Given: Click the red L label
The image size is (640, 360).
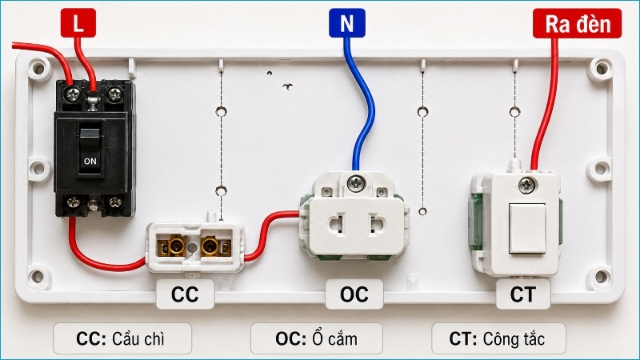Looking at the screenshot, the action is (78, 23).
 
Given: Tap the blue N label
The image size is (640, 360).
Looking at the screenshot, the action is (347, 23).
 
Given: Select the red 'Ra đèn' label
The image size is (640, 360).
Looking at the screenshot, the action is (577, 24).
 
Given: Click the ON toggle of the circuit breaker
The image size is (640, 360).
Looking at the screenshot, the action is (90, 152).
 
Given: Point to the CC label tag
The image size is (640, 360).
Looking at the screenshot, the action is (185, 294).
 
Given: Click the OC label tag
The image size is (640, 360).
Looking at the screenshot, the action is (354, 294).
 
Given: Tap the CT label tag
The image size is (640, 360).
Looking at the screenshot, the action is (523, 294).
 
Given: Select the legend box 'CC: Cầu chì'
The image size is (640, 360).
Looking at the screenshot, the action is (122, 338).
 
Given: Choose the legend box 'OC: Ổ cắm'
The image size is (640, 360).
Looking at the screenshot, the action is (317, 338).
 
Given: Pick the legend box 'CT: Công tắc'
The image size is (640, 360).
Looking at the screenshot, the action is (498, 338).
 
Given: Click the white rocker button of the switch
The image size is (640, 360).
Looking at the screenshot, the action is (527, 229).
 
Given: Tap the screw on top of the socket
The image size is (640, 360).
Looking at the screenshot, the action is (356, 183).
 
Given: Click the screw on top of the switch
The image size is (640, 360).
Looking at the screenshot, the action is (527, 186).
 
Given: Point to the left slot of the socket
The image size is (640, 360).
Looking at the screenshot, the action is (337, 226).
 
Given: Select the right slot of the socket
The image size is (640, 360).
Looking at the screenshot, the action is (377, 226).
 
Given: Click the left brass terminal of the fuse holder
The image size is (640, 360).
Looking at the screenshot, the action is (175, 246).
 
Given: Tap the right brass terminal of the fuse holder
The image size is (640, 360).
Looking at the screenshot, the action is (210, 246).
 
